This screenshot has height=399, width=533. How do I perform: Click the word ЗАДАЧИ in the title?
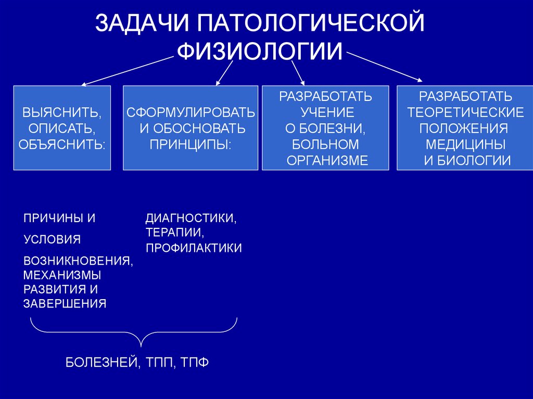[x=141, y=25]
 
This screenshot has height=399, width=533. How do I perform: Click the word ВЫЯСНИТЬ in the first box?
[x=61, y=112]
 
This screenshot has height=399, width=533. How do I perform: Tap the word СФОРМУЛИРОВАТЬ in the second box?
[x=191, y=112]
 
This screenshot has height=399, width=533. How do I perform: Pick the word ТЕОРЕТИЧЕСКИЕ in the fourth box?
[x=465, y=112]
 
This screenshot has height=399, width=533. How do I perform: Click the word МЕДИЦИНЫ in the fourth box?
[x=465, y=144]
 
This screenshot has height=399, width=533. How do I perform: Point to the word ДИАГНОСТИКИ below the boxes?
[x=191, y=217]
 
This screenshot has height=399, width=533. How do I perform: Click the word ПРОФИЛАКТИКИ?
[x=194, y=248]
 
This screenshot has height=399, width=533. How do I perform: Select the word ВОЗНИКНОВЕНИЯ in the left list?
[x=78, y=260]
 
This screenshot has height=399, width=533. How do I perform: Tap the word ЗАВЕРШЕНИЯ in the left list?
[x=65, y=304]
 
